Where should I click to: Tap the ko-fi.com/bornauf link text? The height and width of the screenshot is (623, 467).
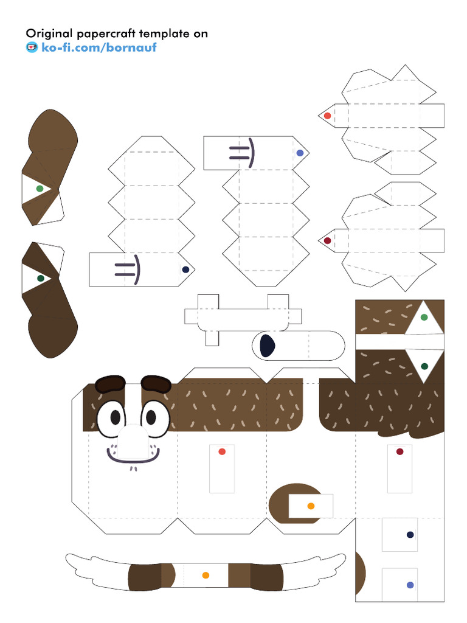[99, 47]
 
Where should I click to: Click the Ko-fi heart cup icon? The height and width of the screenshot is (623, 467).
[32, 47]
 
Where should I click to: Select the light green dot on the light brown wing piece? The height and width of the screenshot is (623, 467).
[40, 189]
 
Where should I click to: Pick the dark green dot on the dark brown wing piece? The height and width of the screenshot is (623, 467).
[40, 278]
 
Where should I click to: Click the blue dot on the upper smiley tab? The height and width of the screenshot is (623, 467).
[300, 153]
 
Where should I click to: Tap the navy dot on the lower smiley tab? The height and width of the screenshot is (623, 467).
[185, 270]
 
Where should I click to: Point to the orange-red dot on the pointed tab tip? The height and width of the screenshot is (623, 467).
[327, 116]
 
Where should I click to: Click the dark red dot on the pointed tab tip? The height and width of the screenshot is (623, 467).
[327, 241]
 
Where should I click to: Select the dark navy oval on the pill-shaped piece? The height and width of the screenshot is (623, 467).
[266, 346]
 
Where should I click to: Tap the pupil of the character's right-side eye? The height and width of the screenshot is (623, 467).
[150, 418]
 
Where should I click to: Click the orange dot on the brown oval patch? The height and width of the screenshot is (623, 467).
[311, 506]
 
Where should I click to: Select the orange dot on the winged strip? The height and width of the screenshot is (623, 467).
[206, 575]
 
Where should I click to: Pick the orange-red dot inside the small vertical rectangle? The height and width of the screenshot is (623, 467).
[222, 451]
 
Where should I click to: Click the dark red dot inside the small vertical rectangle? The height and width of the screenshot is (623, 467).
[400, 451]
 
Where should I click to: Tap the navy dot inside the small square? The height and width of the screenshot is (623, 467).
[410, 535]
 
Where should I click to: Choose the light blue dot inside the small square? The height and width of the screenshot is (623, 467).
[410, 585]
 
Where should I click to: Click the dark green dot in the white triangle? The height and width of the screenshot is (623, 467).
[424, 366]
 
